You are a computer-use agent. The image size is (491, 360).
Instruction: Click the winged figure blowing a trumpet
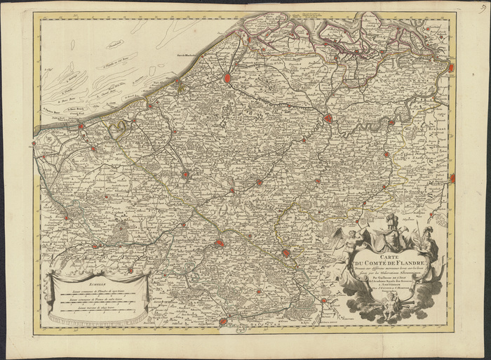345,242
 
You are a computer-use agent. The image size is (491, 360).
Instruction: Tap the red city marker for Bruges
229,78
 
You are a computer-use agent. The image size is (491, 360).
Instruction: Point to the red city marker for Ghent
328,119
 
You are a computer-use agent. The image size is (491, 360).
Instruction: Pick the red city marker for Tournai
285,253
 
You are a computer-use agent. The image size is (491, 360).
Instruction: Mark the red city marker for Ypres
185,174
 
